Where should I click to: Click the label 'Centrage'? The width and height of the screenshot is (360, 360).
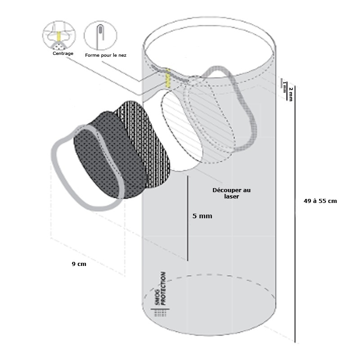[63, 54]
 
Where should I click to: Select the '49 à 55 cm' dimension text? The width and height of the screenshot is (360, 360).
[320, 201]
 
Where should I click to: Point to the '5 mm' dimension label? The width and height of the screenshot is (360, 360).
[202, 216]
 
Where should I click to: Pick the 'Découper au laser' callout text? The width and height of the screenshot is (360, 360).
[231, 193]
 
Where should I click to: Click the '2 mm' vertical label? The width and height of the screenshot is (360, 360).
[291, 94]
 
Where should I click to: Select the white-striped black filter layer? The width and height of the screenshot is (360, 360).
[146, 144]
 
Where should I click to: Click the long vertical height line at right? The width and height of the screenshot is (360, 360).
[295, 225]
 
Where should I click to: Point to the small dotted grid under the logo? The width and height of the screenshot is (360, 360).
[160, 313]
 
